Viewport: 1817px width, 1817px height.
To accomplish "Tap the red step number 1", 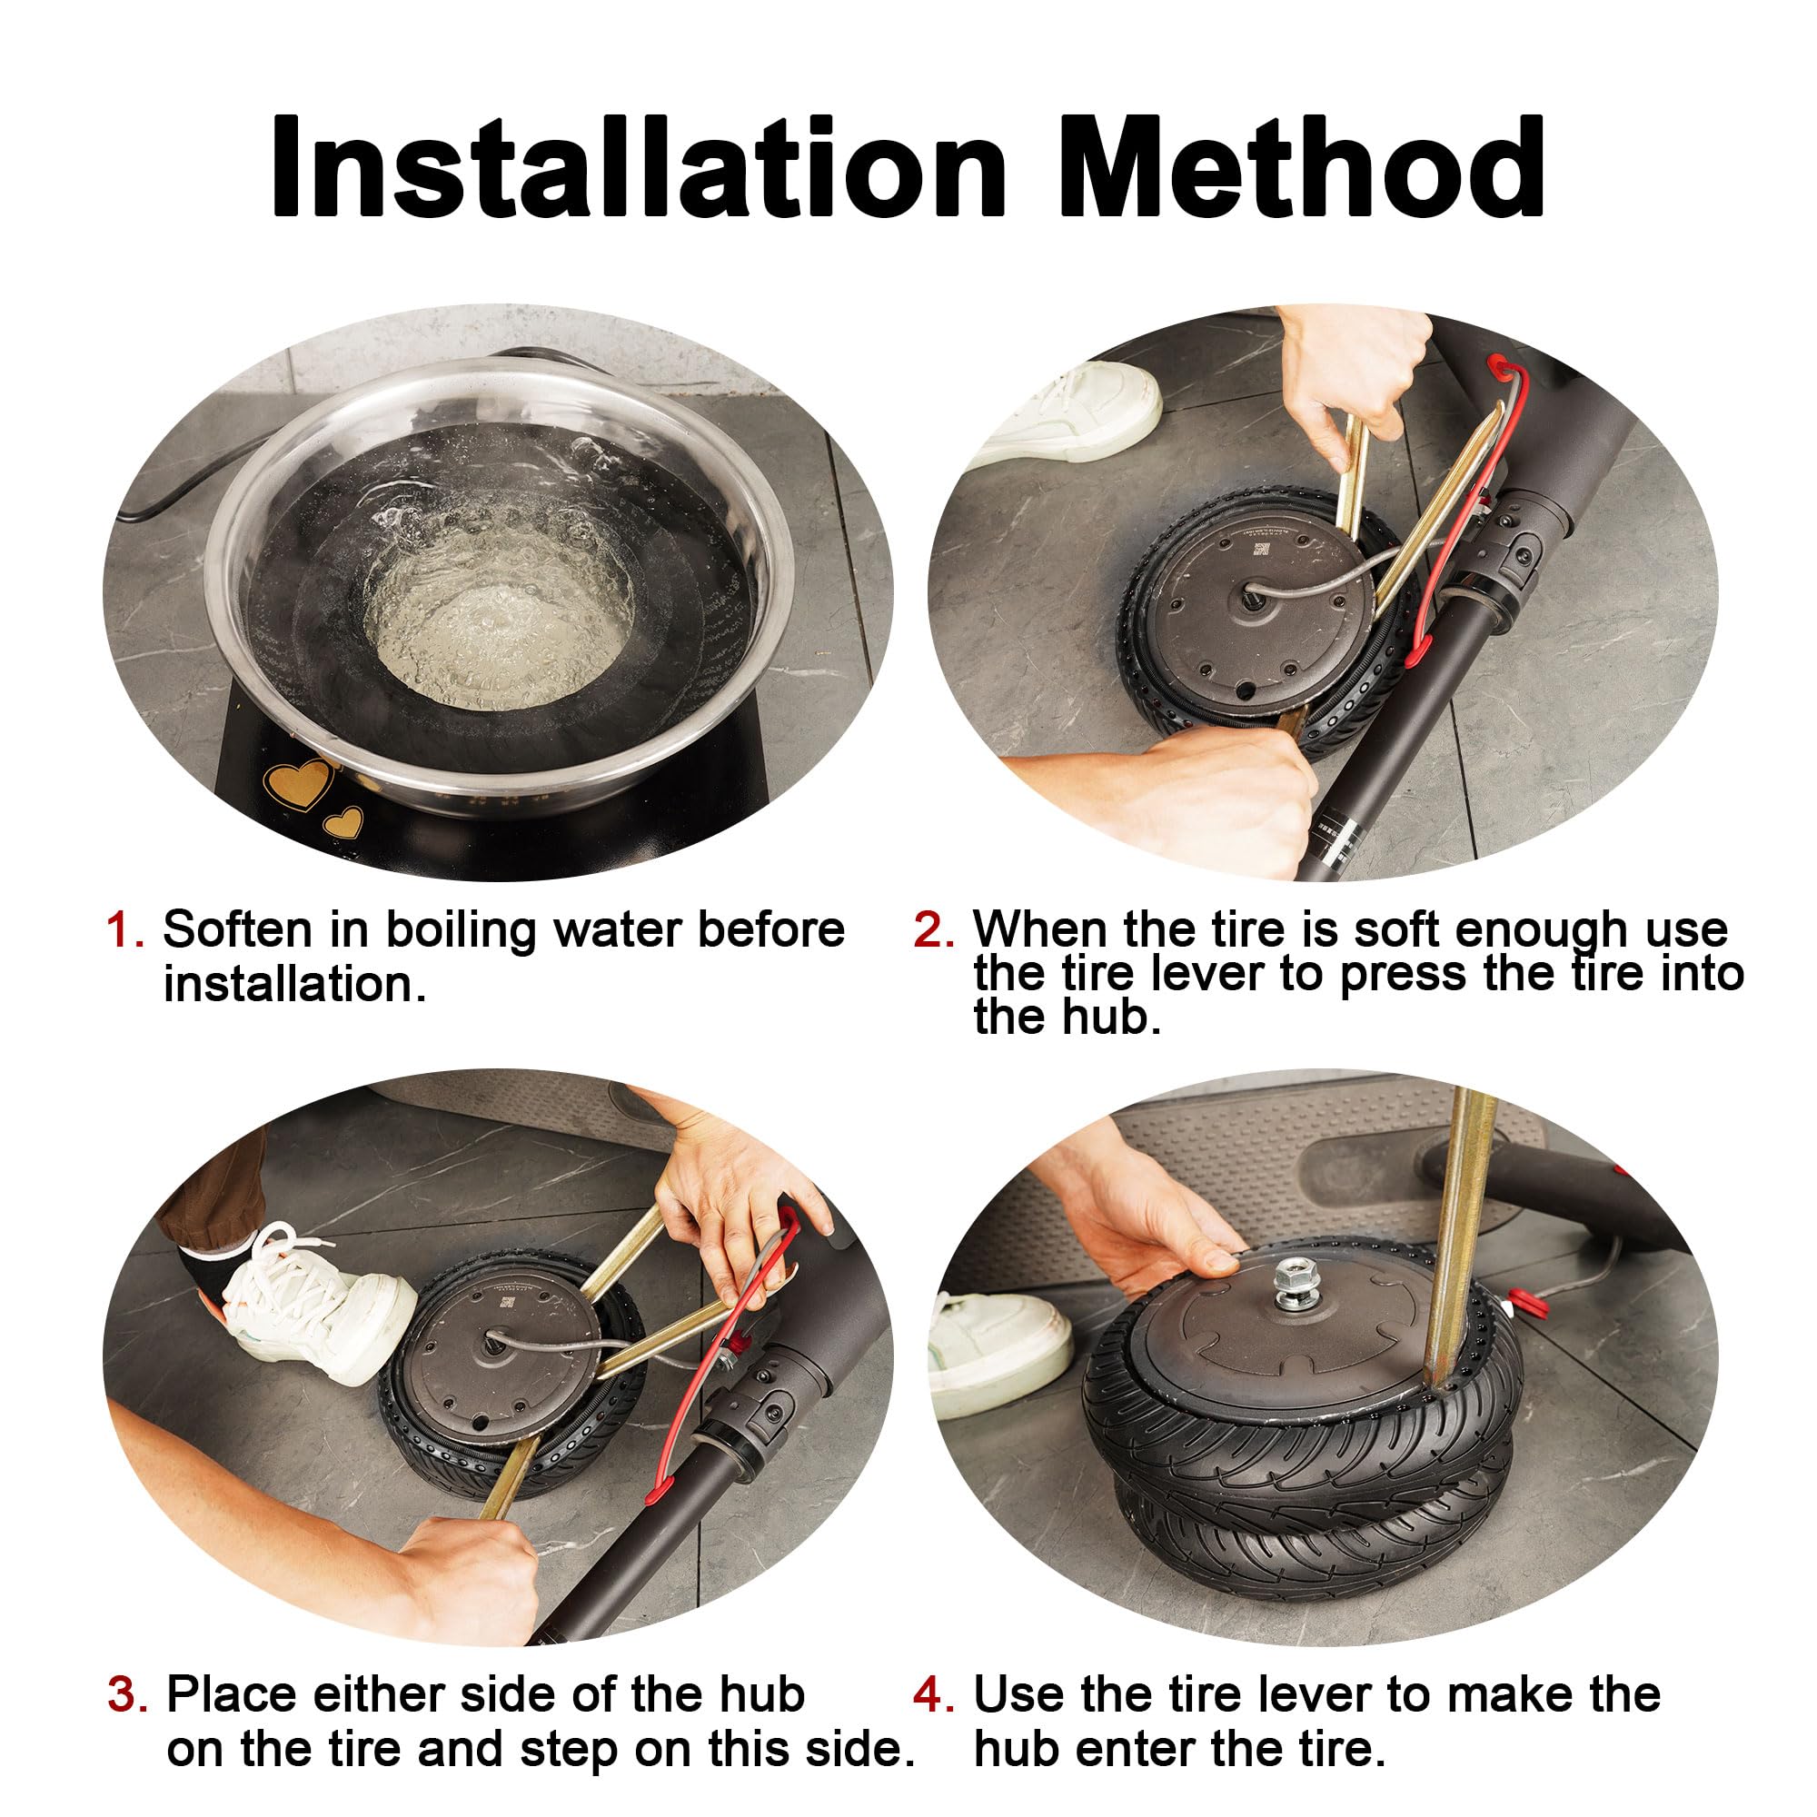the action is click(x=125, y=931).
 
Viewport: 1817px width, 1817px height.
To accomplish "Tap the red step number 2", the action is click(x=933, y=931).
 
